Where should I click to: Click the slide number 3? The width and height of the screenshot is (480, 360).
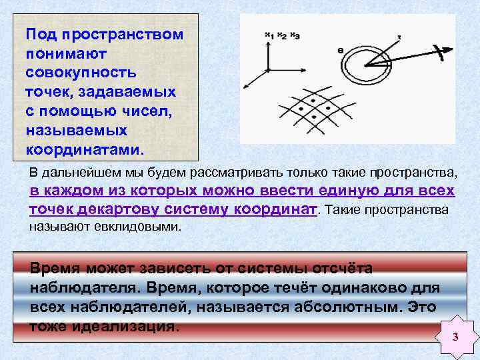click(455, 337)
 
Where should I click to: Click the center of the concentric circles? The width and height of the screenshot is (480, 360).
click(366, 65)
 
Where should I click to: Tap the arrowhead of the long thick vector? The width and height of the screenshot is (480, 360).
click(440, 51)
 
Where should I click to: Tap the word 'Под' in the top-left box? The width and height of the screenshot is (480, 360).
click(39, 33)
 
